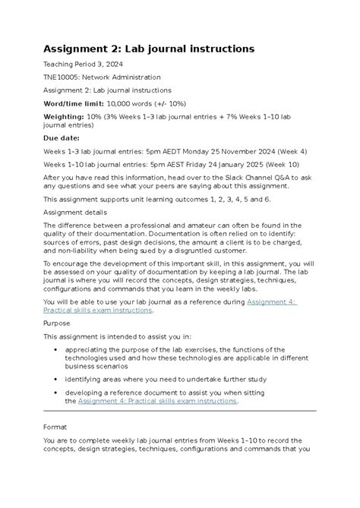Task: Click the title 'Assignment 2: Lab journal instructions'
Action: point(148,49)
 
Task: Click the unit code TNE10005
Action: point(66,77)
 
